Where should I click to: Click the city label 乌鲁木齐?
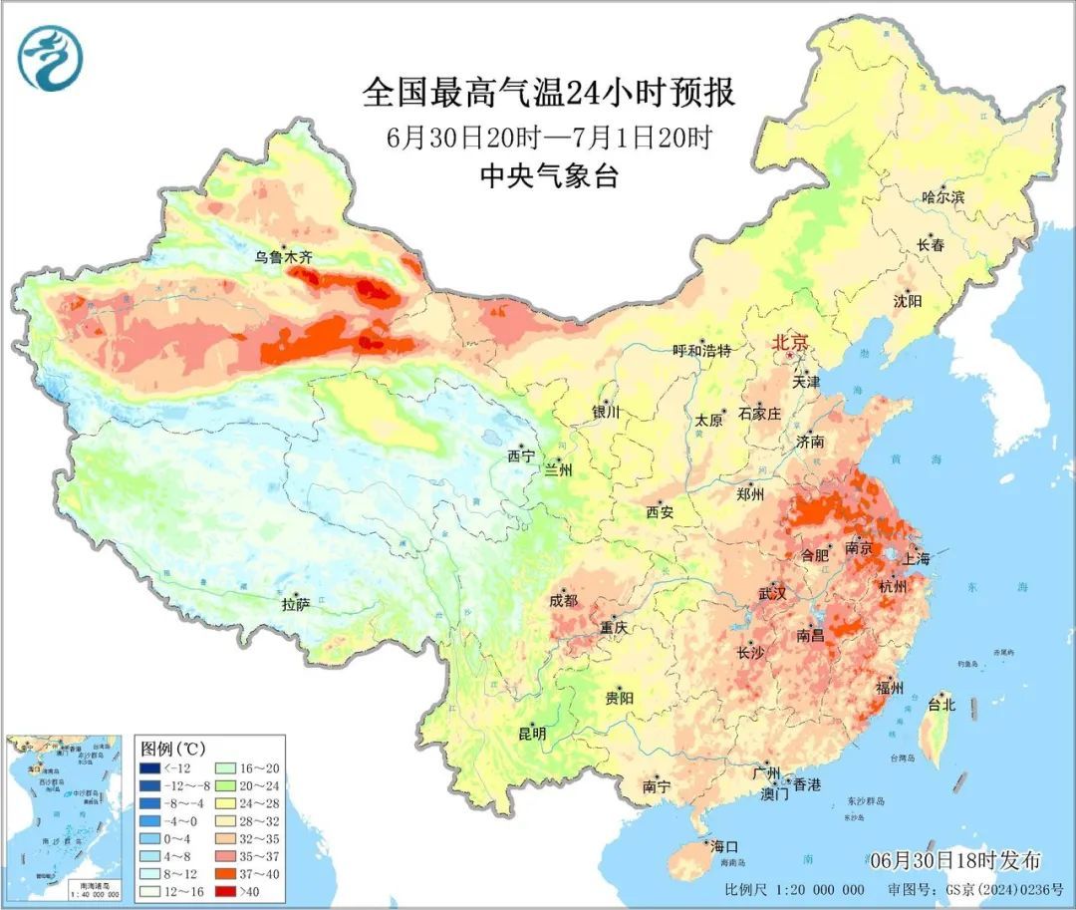(284, 257)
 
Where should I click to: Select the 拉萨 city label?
(295, 604)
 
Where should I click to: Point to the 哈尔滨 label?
(942, 197)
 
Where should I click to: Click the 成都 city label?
(563, 600)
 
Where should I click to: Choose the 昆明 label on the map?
(532, 734)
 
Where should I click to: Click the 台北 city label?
(941, 705)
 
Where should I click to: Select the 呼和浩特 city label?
(701, 351)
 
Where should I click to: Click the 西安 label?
(660, 512)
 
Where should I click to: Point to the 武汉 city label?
(772, 594)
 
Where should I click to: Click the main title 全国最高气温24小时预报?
(549, 94)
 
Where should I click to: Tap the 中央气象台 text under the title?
(549, 176)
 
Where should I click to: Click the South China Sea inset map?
(65, 816)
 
